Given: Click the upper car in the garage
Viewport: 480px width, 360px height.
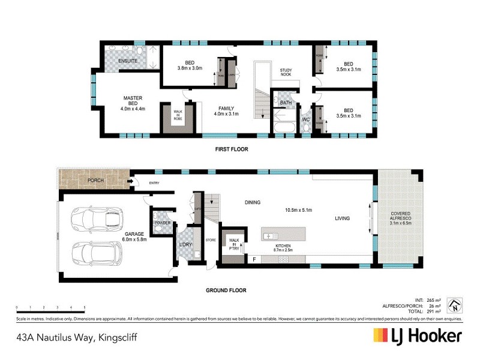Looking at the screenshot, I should [x=97, y=219].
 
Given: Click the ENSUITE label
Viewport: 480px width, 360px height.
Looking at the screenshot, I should [x=128, y=61].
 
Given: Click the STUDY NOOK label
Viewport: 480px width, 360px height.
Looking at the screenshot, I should [x=289, y=73].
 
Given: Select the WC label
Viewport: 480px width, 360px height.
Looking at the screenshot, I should [x=305, y=119].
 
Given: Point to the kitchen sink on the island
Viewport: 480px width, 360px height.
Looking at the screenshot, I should [x=270, y=236].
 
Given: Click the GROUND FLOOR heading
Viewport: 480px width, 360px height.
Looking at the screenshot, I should [x=226, y=290].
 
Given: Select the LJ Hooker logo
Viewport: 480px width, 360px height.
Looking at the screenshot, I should [x=418, y=335].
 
